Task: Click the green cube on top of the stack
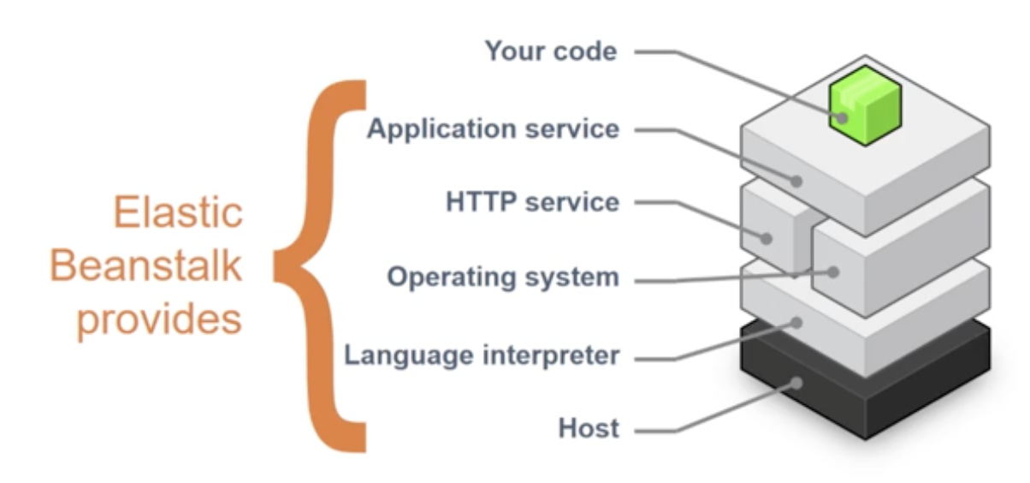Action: point(864,104)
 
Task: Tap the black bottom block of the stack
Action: point(864,385)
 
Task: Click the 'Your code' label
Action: point(550,51)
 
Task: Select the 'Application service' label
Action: point(492,129)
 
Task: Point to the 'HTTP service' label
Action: point(531,203)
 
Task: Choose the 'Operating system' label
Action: point(502,278)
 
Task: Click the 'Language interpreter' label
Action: point(481,355)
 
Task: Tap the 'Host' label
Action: point(588,428)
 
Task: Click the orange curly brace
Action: point(321,265)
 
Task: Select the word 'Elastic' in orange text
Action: point(178,213)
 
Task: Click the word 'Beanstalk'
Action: point(145,265)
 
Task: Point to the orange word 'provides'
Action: point(159,319)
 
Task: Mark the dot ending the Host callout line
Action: point(797,383)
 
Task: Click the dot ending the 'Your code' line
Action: point(843,118)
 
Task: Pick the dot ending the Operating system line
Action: point(832,272)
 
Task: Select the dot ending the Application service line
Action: point(797,182)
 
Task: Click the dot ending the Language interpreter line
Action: point(797,323)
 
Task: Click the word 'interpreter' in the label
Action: point(553,355)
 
